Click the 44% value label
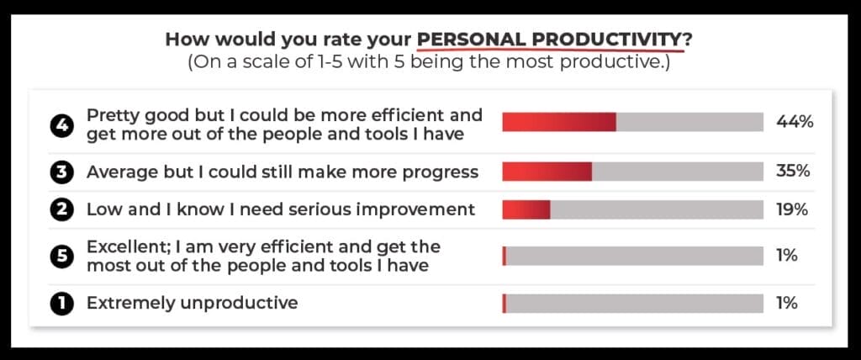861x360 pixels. [x=794, y=122]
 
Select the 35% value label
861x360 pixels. [x=793, y=172]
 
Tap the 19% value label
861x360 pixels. [x=792, y=209]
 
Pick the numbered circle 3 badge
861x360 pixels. [x=61, y=172]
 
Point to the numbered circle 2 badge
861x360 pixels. [x=61, y=210]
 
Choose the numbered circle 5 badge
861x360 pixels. [x=61, y=257]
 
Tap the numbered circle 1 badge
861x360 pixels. [x=61, y=304]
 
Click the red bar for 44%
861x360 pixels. [x=559, y=122]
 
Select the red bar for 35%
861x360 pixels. [x=547, y=172]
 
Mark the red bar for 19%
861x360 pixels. [x=526, y=209]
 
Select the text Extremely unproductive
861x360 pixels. [x=193, y=303]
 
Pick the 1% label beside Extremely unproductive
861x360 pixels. [x=787, y=303]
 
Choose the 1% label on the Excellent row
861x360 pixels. [x=787, y=256]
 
